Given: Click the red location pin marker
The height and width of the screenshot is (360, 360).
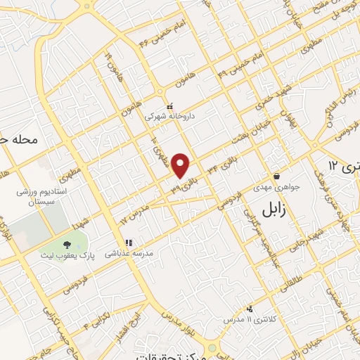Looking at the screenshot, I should [x=181, y=165].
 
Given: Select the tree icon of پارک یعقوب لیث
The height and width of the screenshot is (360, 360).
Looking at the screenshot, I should [x=67, y=245].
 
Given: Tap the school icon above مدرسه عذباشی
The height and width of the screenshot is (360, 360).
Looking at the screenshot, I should [x=128, y=243].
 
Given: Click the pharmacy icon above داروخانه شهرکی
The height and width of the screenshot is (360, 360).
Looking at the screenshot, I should [x=169, y=106].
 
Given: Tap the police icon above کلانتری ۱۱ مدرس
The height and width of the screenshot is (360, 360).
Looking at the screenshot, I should [x=250, y=308].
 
